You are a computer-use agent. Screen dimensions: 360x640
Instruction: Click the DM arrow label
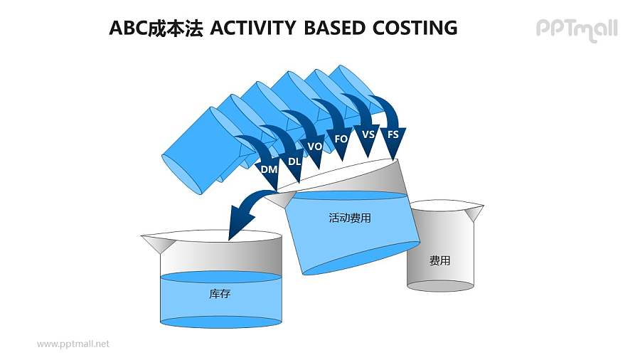point(269,169)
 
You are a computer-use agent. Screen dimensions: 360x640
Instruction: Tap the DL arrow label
point(294,162)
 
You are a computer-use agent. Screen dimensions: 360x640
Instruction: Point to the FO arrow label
point(341,139)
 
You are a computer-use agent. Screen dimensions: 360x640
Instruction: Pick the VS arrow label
point(368,134)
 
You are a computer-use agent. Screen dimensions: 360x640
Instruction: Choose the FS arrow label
point(393,134)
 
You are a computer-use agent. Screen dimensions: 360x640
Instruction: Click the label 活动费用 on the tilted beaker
point(350,218)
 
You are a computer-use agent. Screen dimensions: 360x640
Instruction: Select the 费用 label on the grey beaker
point(439,261)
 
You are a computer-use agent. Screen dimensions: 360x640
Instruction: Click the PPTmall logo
point(576,29)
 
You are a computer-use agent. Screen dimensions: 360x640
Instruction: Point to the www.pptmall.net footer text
point(73,344)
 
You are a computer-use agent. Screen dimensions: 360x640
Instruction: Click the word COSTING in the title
point(413,28)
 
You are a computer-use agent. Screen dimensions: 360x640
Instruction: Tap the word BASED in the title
point(332,28)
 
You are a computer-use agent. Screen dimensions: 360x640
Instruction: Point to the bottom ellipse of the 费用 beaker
point(439,286)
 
